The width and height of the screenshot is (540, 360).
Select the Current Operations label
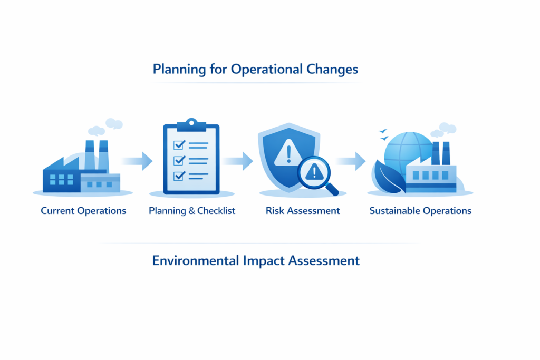tap(83, 211)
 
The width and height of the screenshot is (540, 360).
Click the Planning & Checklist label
tap(192, 211)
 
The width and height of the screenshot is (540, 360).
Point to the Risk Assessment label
tap(303, 211)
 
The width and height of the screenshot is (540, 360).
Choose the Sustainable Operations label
tap(420, 211)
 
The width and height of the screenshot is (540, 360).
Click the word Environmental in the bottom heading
tap(195, 260)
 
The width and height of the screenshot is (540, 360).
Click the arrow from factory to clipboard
tap(137, 161)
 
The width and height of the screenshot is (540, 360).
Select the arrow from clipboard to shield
tap(237, 161)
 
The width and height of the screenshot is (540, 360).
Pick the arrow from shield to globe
tap(350, 161)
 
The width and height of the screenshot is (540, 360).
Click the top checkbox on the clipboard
tap(179, 145)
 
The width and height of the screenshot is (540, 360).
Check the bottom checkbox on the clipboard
tap(179, 176)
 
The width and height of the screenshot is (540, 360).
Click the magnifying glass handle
tap(332, 189)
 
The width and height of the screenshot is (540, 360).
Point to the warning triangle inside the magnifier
tap(314, 172)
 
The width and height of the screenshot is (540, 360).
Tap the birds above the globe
tap(383, 134)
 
